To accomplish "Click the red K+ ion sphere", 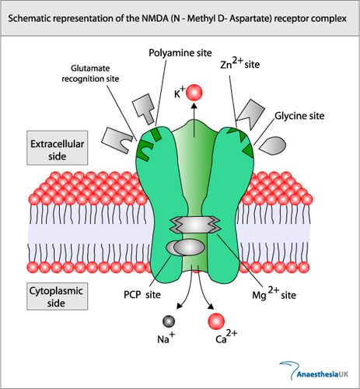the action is point(194,93).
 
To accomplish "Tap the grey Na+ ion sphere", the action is point(169,321).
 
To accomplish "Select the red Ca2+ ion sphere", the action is point(216,321).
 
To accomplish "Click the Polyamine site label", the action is point(180,53).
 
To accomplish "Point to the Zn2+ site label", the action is point(240,64).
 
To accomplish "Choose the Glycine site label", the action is point(299,116).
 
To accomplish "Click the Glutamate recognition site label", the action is point(90,73).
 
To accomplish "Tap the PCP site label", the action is point(142,295).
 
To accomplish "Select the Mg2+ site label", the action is point(274,293).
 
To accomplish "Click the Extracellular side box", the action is point(58,148).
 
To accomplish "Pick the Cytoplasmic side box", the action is point(58,296).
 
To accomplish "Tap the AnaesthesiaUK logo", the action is point(314,371).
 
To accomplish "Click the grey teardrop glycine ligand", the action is point(273,145).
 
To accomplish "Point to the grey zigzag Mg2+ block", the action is point(194,225).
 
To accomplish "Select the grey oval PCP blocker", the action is point(186,248).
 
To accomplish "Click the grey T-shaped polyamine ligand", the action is point(144,109).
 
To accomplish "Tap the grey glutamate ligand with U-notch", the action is point(117,140).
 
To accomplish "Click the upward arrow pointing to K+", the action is point(194,120).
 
